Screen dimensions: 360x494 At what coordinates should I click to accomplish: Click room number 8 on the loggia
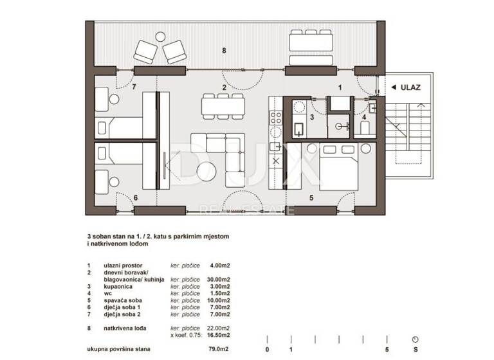224,50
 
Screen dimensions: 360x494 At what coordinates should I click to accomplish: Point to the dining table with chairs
223,105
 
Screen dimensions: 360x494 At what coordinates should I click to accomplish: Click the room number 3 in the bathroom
311,118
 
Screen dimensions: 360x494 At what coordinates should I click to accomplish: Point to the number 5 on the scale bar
386,349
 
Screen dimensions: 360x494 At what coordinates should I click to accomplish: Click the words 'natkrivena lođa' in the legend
125,328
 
